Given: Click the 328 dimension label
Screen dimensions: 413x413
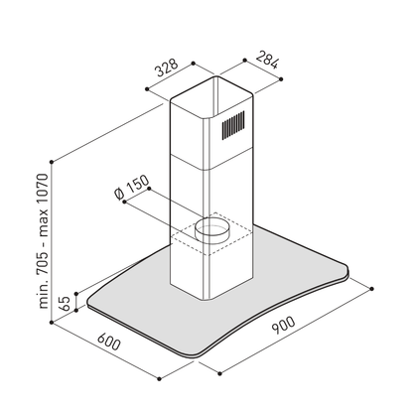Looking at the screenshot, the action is pos(167,68).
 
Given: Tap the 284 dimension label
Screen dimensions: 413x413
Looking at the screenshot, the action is pos(267,60).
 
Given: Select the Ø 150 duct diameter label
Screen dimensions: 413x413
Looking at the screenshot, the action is pos(131,188).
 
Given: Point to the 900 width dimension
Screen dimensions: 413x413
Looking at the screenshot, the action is pos(283,325).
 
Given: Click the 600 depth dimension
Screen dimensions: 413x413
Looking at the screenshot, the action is pos(109,342).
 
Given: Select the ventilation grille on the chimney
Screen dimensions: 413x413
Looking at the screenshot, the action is pos(233,125).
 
